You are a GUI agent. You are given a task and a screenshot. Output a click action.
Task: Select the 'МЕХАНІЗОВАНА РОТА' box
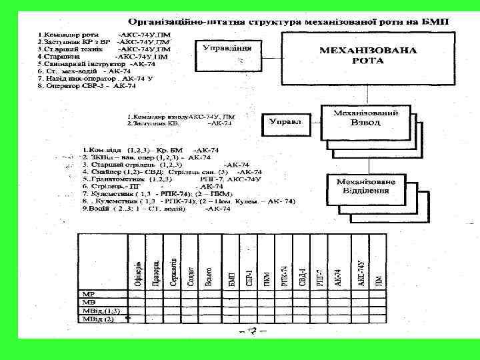coord(369,55)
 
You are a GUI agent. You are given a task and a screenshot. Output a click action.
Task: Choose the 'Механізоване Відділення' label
coord(365,187)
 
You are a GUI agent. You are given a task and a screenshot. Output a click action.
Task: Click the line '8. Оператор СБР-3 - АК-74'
coord(87,86)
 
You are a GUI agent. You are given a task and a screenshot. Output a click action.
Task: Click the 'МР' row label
coord(89,293)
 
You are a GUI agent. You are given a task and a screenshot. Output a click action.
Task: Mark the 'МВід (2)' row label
coord(99,319)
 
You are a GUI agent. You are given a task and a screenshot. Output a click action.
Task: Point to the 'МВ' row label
coord(89,302)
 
